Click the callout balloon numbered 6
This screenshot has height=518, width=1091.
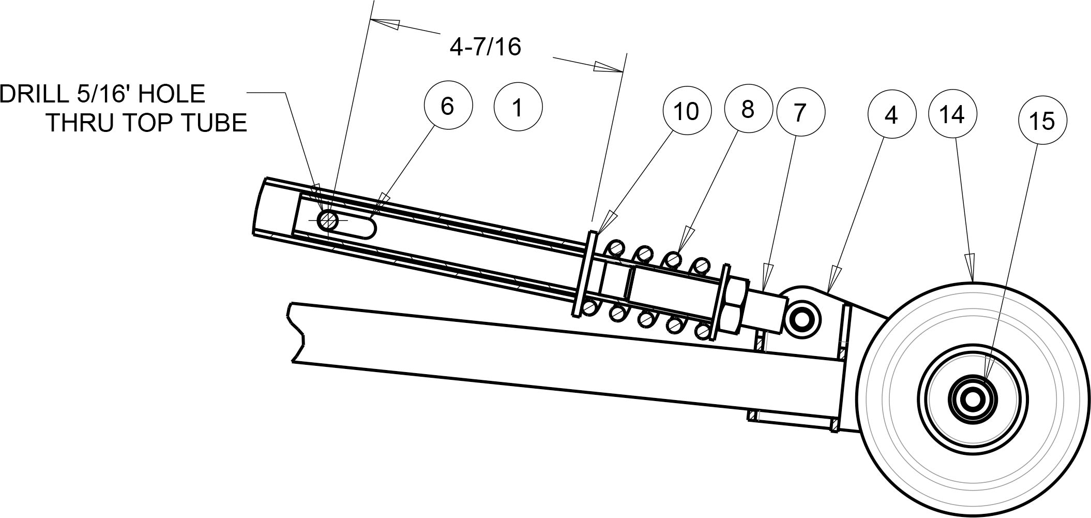[x=448, y=106]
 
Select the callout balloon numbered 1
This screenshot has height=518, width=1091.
[x=518, y=108]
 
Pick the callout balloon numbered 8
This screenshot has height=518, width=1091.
[x=747, y=110]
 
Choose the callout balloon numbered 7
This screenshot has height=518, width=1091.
[x=799, y=112]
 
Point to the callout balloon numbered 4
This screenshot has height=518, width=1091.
[x=891, y=116]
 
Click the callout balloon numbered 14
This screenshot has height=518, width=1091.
[x=953, y=114]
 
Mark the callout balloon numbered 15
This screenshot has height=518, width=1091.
[x=1042, y=121]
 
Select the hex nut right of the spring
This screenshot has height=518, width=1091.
[x=734, y=305]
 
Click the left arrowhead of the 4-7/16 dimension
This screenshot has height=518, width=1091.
[x=385, y=24]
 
